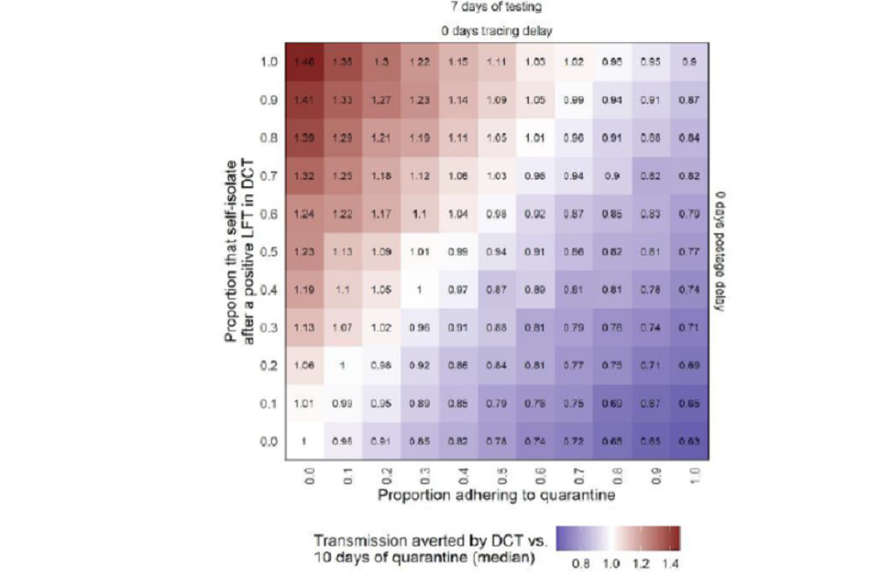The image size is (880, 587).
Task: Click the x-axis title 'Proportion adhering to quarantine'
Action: (x=496, y=495)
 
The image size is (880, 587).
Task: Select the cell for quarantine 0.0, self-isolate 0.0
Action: (x=303, y=441)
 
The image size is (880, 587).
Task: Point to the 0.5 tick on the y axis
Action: (x=269, y=251)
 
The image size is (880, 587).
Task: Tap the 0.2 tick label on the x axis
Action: (x=380, y=473)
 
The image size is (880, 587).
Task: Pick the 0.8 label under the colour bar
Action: (x=580, y=563)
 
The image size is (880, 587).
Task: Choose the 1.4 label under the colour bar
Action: (x=673, y=563)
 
